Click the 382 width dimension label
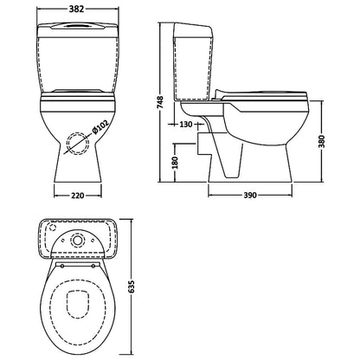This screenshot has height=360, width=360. [76, 9]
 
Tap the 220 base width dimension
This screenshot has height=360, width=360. [78, 196]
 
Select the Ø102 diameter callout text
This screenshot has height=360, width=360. [100, 127]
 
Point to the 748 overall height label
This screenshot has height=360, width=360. [160, 102]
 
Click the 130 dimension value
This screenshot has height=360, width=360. [186, 125]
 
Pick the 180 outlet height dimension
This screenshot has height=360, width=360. [176, 163]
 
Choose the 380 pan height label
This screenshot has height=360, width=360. [322, 141]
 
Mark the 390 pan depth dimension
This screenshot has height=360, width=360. [250, 196]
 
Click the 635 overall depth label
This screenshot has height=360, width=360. [132, 286]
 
